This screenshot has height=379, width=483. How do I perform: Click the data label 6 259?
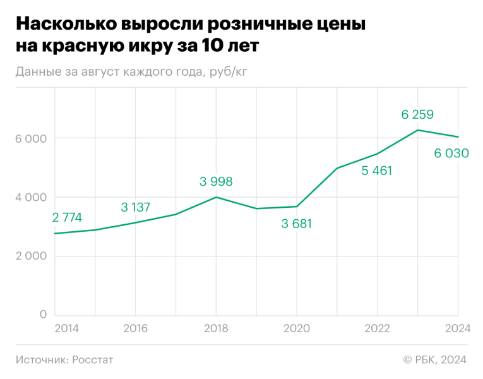pyautogui.click(x=417, y=114)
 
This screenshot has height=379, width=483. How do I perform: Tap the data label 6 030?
pyautogui.click(x=451, y=153)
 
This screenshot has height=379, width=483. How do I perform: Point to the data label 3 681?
pyautogui.click(x=297, y=223)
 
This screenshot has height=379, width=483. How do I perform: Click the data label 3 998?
pyautogui.click(x=216, y=182)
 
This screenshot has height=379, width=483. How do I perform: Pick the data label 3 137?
pyautogui.click(x=135, y=207)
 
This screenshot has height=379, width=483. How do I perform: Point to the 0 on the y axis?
pyautogui.click(x=43, y=315)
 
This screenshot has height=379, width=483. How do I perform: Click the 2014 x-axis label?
pyautogui.click(x=67, y=328)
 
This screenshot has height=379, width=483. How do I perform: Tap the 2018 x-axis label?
pyautogui.click(x=216, y=328)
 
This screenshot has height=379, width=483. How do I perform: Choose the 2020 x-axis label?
pyautogui.click(x=297, y=328)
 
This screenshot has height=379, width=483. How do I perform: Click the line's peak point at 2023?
pyautogui.click(x=417, y=130)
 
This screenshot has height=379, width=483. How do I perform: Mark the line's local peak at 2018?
pyautogui.click(x=216, y=197)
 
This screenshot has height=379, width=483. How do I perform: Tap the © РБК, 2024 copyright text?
pyautogui.click(x=434, y=359)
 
